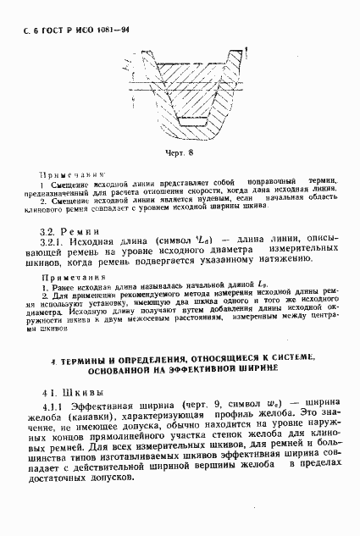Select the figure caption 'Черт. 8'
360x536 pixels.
180,152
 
